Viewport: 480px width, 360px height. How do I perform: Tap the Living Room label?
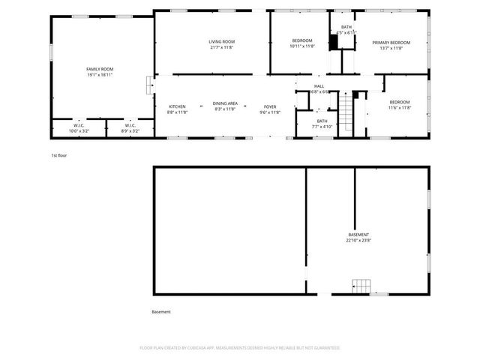221,41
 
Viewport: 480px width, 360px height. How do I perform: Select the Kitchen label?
177,106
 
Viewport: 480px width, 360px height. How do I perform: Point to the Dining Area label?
225,103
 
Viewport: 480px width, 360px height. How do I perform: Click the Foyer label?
269,106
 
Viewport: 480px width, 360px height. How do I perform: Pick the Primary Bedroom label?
391,43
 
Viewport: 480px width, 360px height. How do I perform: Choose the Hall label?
319,86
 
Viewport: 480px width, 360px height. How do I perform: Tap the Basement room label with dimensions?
358,235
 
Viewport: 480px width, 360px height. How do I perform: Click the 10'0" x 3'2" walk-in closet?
79,128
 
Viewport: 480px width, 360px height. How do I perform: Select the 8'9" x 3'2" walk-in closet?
130,128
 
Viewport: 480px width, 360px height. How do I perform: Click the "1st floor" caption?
59,155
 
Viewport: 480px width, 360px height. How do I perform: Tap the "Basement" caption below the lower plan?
161,312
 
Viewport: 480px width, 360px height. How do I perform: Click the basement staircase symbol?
362,286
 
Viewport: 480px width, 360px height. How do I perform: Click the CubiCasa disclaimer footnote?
240,348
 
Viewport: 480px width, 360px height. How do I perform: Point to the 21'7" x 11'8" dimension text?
221,47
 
